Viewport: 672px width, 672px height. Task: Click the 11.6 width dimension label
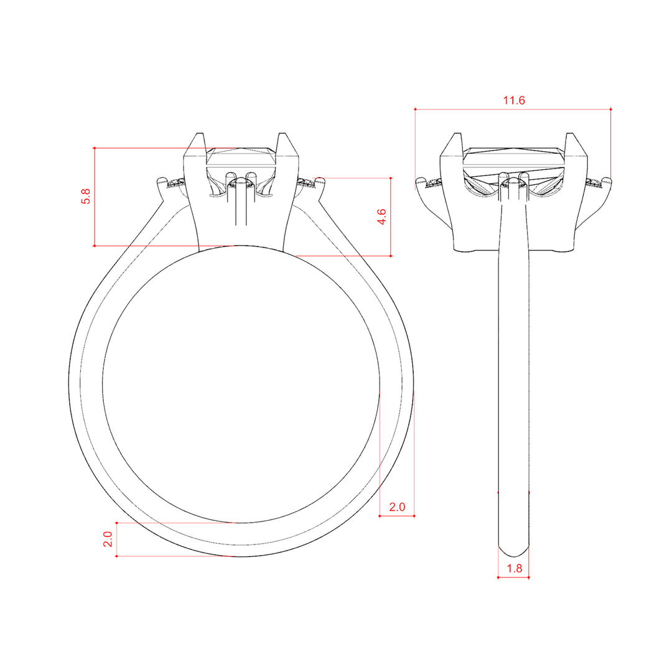click(x=513, y=100)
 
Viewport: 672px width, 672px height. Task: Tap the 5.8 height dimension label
click(x=86, y=196)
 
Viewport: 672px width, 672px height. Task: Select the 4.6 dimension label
click(x=381, y=217)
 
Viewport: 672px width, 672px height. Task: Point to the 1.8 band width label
click(x=515, y=568)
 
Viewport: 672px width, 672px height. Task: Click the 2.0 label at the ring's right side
click(x=397, y=507)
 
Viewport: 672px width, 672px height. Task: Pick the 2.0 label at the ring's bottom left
click(x=108, y=539)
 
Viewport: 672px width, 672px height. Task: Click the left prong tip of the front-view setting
click(x=200, y=134)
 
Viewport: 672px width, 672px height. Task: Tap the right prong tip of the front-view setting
click(x=282, y=134)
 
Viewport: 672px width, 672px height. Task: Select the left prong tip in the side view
click(x=458, y=134)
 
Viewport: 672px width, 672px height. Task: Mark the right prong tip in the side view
click(x=570, y=134)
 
